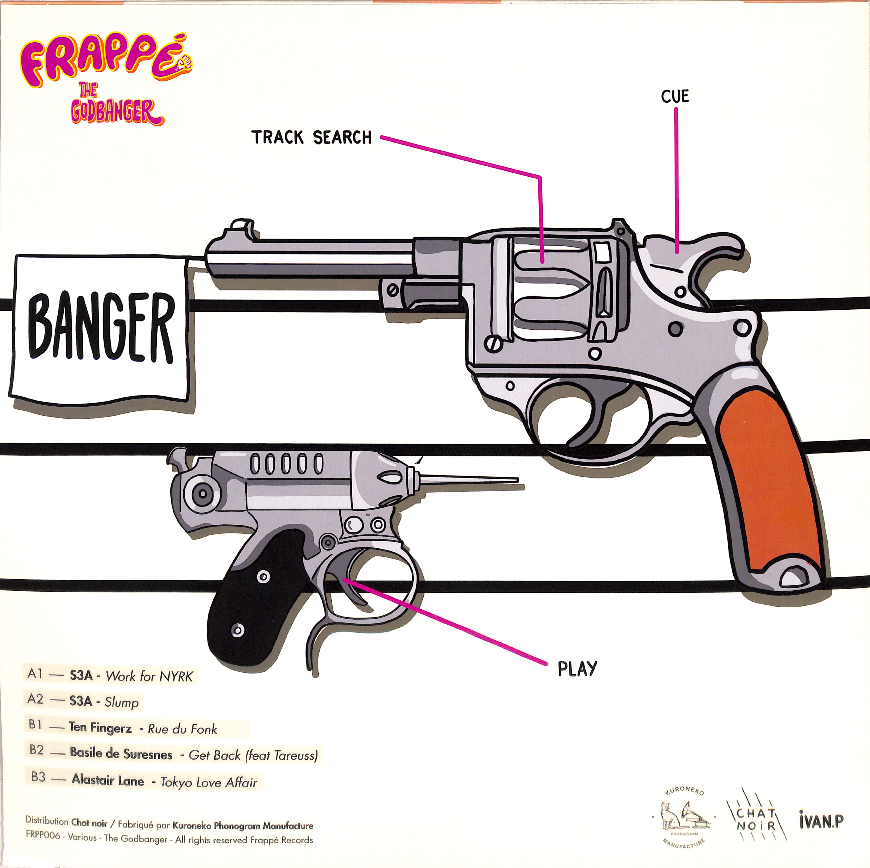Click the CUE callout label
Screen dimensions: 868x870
tap(675, 96)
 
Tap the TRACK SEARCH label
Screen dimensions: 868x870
tap(311, 137)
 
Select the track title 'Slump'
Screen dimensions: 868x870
tap(122, 702)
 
